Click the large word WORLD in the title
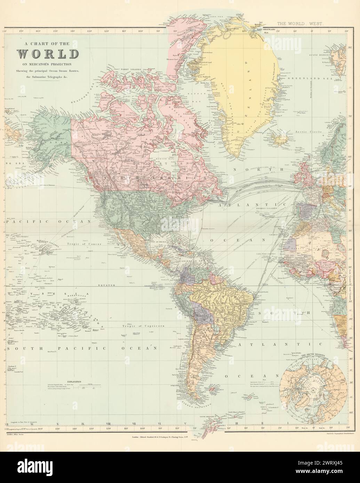point(48,54)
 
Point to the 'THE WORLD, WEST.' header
point(300,24)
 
